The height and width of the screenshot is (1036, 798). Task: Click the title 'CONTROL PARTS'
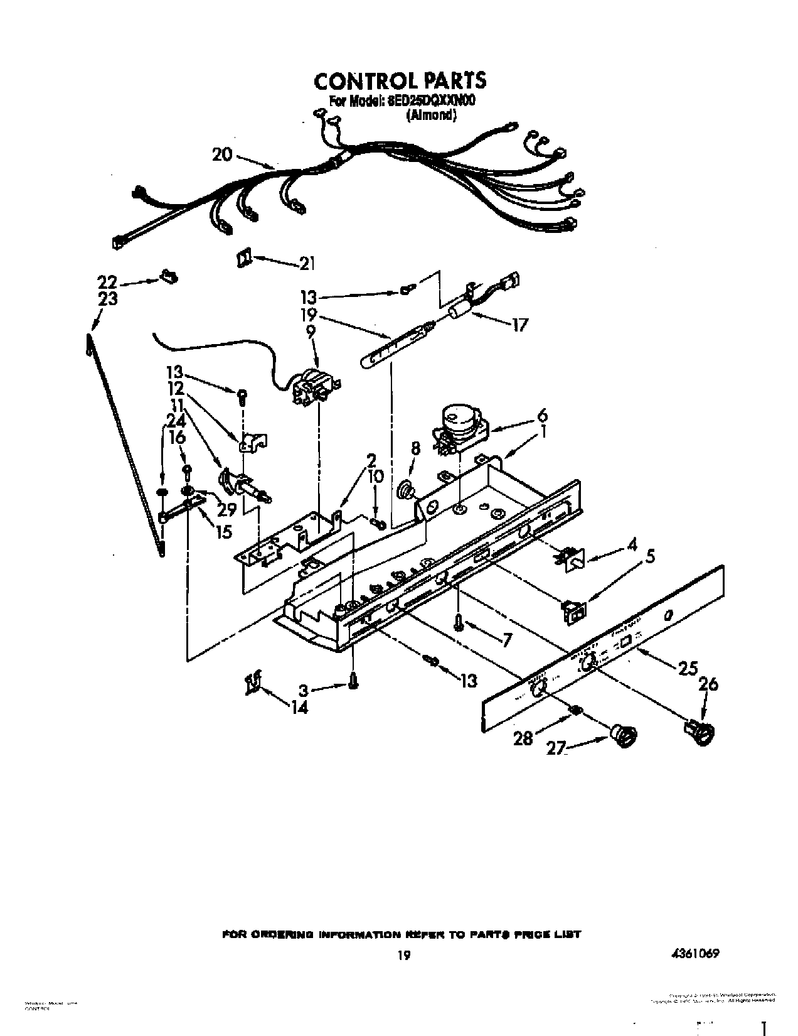(x=399, y=81)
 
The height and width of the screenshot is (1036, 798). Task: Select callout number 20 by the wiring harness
(x=222, y=154)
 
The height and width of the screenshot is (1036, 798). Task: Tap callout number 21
(x=306, y=264)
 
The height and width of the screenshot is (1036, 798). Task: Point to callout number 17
(x=520, y=325)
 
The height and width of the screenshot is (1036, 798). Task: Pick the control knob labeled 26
(x=701, y=732)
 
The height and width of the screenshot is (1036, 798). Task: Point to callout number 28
(x=523, y=738)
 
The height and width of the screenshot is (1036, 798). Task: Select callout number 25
(x=688, y=669)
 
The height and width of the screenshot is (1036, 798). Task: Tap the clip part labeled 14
(x=254, y=683)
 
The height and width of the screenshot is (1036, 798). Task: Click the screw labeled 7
(x=459, y=623)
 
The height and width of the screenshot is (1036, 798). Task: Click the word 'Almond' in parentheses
(x=430, y=116)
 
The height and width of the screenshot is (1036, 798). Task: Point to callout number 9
(x=311, y=331)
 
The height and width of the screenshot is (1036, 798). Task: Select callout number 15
(x=223, y=531)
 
